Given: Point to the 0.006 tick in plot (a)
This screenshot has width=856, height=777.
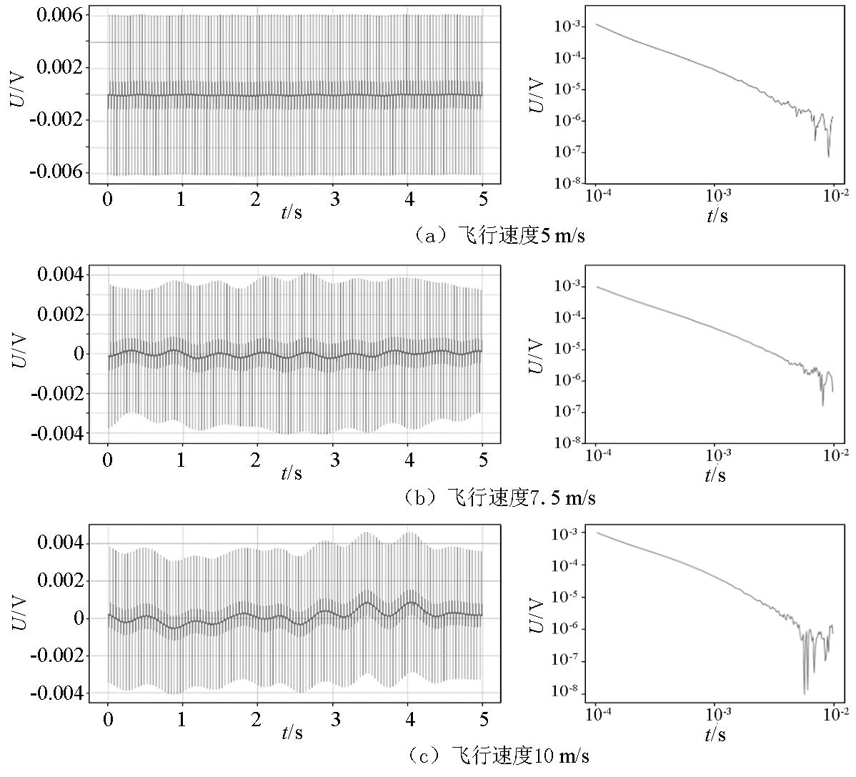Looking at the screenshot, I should click(x=59, y=16).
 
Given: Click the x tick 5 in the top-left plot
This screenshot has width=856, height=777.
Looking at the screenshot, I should click(x=483, y=199).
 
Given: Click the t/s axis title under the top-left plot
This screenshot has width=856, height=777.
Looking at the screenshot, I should click(x=292, y=213).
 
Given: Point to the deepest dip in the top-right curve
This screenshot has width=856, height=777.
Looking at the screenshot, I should click(x=829, y=156).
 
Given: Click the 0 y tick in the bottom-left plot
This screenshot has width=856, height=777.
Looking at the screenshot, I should click(x=79, y=618).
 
